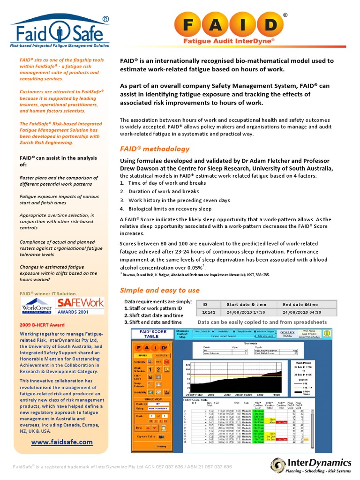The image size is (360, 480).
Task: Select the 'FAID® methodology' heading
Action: click(155, 149)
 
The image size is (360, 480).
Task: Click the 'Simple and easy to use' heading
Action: click(159, 290)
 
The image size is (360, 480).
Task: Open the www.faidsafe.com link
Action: click(62, 442)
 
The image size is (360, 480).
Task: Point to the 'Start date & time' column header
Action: click(248, 304)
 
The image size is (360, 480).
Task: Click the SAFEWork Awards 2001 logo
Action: click(80, 306)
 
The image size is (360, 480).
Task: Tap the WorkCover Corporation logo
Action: click(37, 306)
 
